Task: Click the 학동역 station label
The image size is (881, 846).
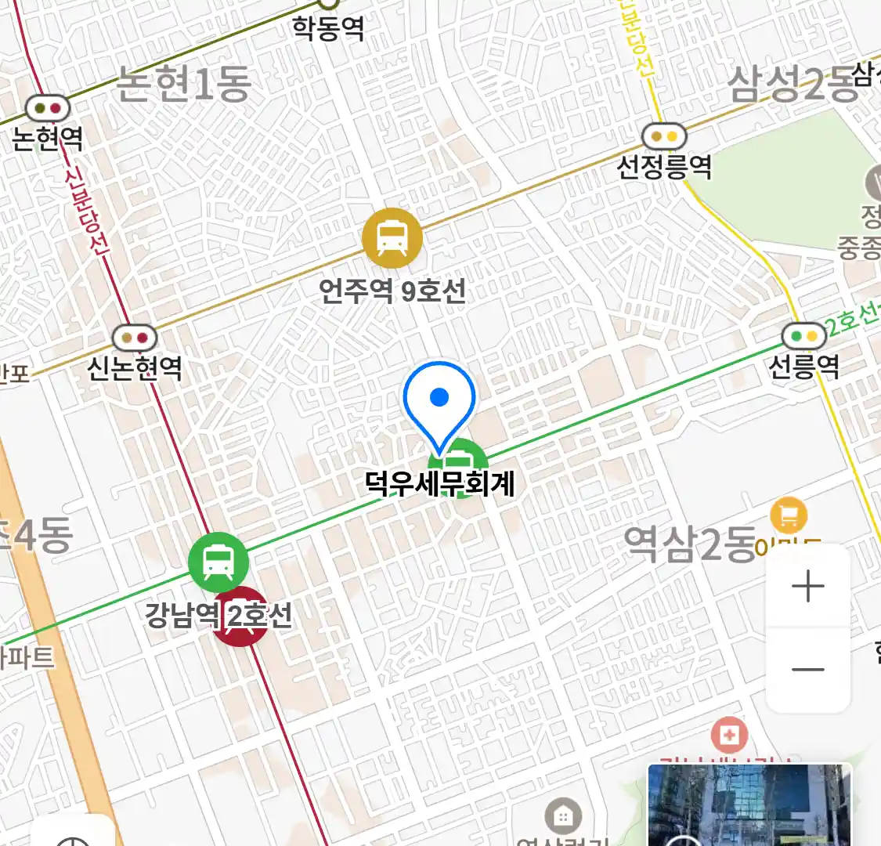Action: pos(328,28)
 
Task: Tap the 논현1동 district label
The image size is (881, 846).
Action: pos(183,84)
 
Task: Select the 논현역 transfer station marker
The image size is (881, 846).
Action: pos(47,108)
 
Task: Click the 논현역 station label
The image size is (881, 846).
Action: pos(48,139)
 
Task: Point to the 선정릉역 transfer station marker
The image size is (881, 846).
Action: pos(664,137)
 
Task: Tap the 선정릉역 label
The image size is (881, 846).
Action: pos(664,166)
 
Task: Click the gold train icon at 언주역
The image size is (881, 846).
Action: pos(392,238)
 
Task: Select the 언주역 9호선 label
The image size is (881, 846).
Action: pos(392,291)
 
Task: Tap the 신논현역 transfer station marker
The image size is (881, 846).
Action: pos(135,338)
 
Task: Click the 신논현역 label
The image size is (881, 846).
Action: pos(135,367)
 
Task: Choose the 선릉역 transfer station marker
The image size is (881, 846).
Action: pos(804,336)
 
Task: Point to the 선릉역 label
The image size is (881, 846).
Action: pos(804,365)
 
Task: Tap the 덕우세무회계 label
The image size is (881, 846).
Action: pos(440,483)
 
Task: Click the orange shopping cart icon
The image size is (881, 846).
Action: pos(789,515)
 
